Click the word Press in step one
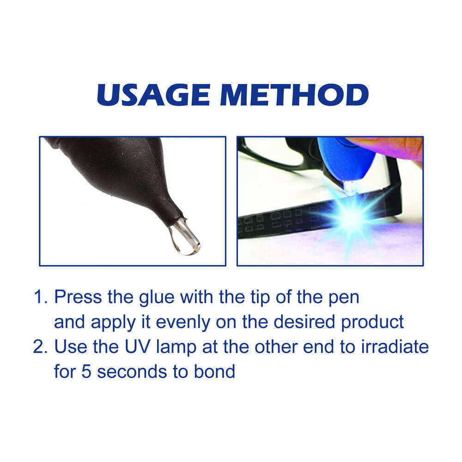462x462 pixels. [78, 297]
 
